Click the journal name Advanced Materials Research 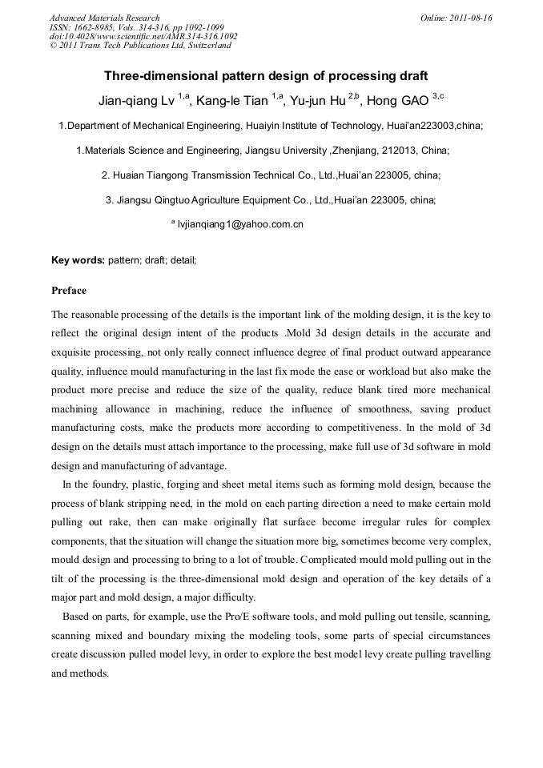(x=104, y=18)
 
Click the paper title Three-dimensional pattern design (x=266, y=76)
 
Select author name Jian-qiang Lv (x=135, y=102)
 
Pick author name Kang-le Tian (x=231, y=102)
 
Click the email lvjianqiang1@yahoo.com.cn (x=240, y=225)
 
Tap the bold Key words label (x=78, y=260)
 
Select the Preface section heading (x=69, y=291)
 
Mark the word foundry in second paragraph (x=108, y=485)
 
